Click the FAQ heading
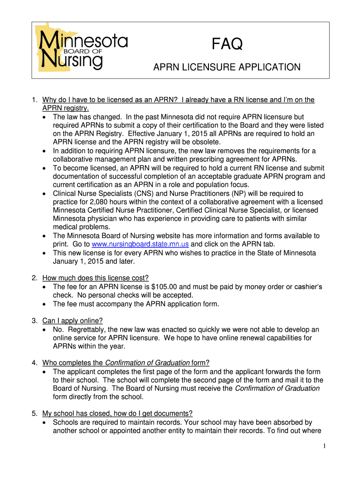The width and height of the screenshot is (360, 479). [x=227, y=45]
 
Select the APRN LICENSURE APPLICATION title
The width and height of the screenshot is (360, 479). [x=227, y=67]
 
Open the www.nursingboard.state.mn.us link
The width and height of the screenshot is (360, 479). [x=140, y=244]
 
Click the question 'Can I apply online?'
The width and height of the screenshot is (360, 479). [x=72, y=320]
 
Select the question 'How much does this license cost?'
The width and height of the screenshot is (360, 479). [x=95, y=277]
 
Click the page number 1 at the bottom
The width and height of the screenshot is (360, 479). [x=324, y=446]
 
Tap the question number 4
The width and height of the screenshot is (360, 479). [x=35, y=363]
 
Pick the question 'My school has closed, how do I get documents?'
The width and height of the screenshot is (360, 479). [x=117, y=413]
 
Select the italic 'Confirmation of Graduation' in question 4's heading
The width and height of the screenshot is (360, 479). [x=147, y=363]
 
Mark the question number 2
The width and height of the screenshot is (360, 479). [x=35, y=277]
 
